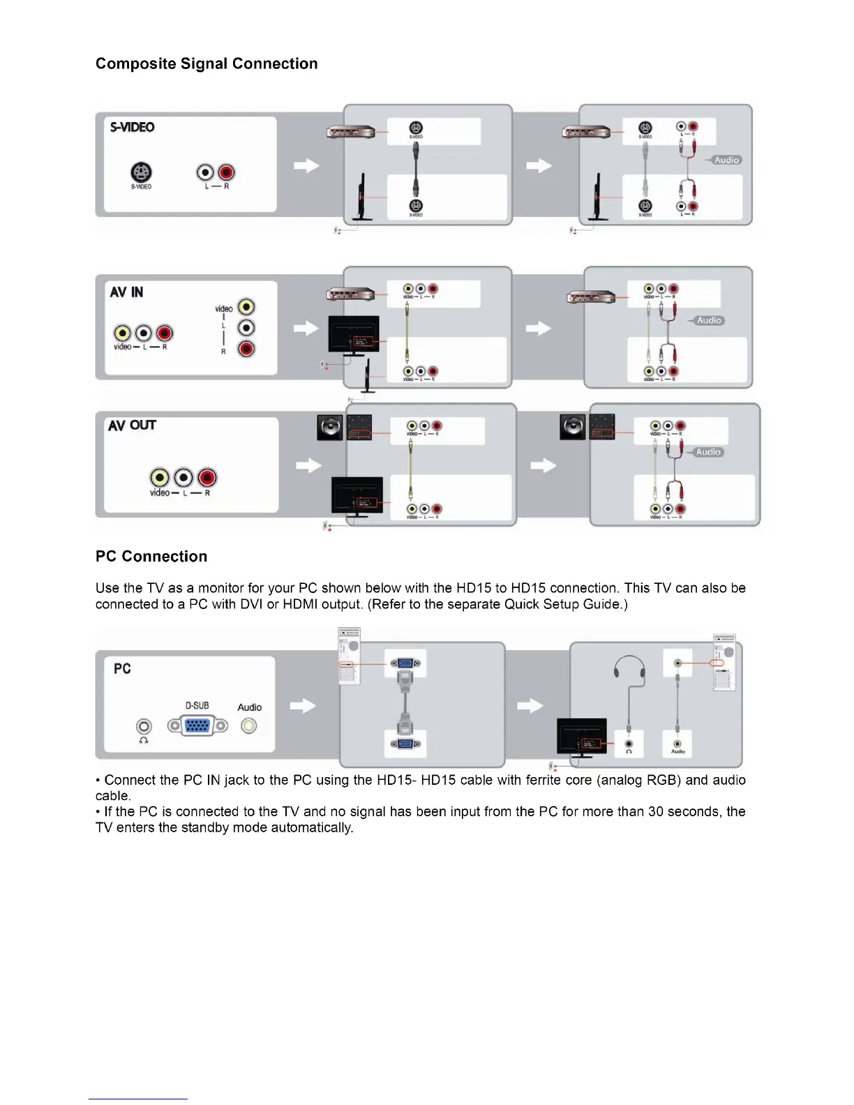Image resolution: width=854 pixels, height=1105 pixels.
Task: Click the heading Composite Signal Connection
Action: tap(207, 63)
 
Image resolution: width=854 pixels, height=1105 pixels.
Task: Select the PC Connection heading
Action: tap(151, 556)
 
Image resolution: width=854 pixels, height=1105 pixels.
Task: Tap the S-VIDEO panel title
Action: tap(133, 127)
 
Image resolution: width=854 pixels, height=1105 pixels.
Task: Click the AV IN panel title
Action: tap(126, 292)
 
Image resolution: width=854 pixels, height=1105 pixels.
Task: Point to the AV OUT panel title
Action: tap(132, 425)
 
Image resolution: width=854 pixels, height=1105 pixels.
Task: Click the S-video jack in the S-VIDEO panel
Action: tap(141, 172)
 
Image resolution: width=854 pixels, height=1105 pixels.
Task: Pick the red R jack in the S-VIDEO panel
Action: tap(226, 172)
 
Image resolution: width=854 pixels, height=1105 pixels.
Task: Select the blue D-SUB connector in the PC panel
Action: tap(197, 726)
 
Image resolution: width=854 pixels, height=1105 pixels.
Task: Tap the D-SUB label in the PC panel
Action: tap(197, 705)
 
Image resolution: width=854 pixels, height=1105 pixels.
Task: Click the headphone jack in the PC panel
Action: tap(144, 727)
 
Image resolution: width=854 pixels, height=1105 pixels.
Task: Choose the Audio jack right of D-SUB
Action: tap(248, 726)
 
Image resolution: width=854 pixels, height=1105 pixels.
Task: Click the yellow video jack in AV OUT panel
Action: tap(160, 477)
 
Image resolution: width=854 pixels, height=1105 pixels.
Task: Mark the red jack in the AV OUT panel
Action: tap(207, 477)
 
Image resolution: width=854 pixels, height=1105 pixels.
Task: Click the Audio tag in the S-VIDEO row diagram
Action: tap(726, 160)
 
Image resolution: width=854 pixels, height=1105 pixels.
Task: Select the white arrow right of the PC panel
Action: tap(303, 705)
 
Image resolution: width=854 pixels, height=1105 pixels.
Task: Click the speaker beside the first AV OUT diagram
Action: tap(330, 427)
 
